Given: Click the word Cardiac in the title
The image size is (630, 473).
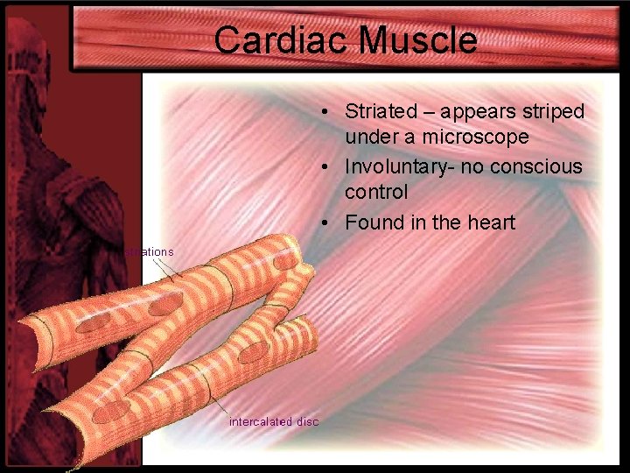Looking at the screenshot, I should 268,40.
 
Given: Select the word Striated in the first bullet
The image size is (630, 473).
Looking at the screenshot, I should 381,111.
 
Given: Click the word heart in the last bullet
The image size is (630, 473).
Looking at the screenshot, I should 490,222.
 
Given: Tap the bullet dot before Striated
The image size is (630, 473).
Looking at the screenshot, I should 324,112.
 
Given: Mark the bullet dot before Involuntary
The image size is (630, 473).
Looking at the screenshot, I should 324,167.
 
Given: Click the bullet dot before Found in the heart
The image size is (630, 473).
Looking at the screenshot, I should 324,223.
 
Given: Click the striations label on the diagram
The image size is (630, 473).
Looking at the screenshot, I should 150,251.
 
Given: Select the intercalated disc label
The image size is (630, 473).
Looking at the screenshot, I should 274,421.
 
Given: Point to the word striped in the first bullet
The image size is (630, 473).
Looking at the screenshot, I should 553,111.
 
